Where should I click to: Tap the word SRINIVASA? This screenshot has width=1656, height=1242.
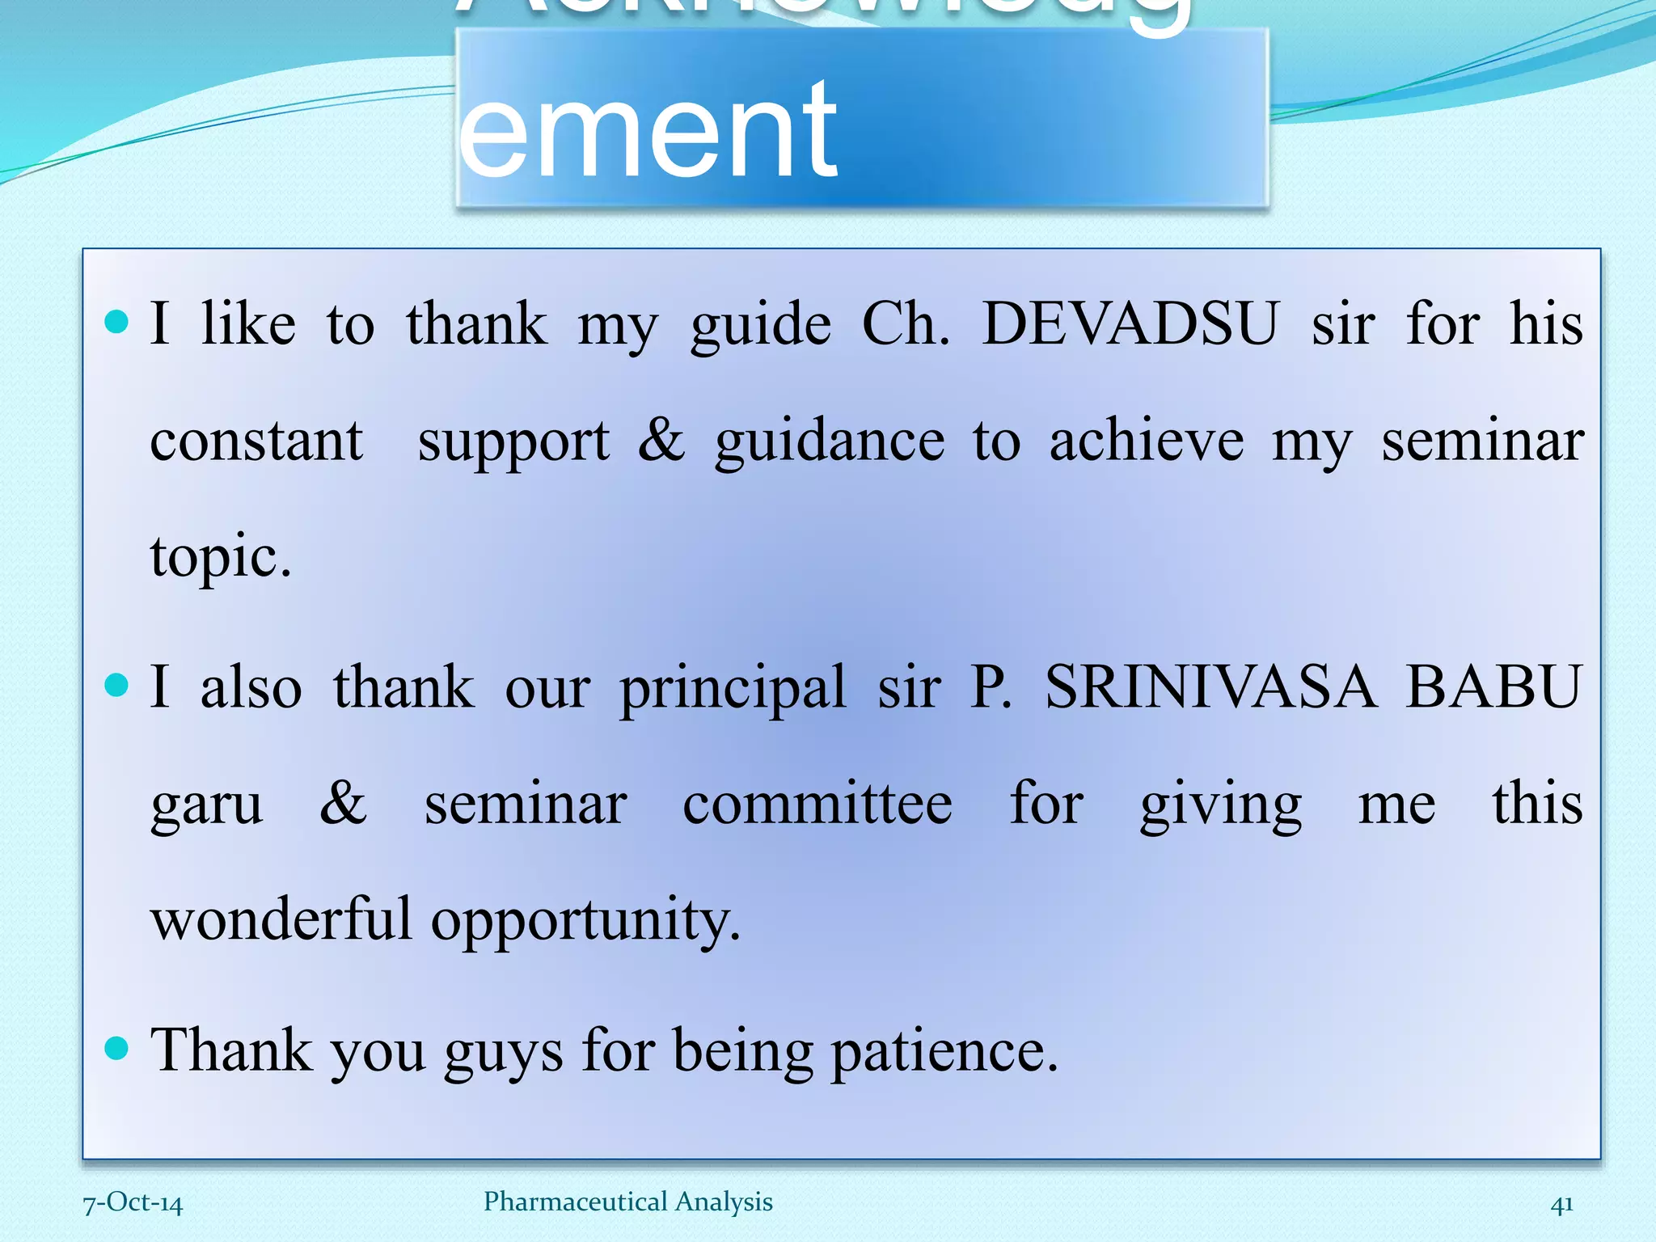[x=1210, y=687]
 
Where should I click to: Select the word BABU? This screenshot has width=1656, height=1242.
[x=1493, y=687]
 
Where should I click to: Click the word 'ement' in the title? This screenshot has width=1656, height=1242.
[x=648, y=129]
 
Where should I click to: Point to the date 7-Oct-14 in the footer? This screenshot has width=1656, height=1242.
[x=133, y=1202]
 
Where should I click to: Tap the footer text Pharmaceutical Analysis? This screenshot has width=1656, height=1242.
[x=627, y=1202]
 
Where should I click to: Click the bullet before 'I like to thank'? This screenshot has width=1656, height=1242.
[x=117, y=323]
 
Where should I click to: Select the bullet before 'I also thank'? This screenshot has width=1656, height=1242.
[x=117, y=686]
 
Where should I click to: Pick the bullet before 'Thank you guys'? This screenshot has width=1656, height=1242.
[x=117, y=1049]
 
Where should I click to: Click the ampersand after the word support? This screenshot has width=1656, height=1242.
[x=661, y=441]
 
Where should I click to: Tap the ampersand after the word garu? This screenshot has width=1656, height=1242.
[x=343, y=804]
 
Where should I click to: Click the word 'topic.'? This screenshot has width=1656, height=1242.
[x=221, y=558]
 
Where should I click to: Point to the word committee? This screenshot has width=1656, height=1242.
[x=817, y=804]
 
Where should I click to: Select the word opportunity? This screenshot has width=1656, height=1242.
[x=585, y=922]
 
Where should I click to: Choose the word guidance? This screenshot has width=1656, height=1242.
[x=830, y=442]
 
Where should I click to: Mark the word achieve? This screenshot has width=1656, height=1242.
[x=1147, y=441]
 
